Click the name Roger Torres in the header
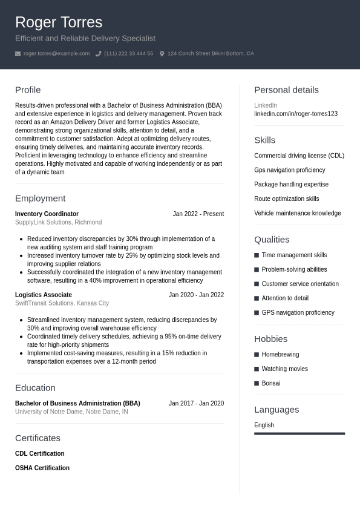tap(59, 22)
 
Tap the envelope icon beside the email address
tap(18, 54)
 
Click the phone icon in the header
tap(98, 54)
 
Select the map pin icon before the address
tap(162, 54)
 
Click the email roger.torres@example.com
tap(56, 54)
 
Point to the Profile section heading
tap(28, 90)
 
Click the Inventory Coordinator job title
tap(47, 214)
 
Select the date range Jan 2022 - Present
tap(198, 214)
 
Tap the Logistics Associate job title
tap(44, 295)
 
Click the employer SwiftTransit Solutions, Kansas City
tap(62, 303)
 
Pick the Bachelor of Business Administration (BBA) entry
tap(77, 404)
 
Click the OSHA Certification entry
tap(42, 468)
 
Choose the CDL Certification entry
tap(39, 454)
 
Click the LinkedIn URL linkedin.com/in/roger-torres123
tap(296, 114)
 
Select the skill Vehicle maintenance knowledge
tap(297, 214)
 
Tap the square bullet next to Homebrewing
tap(257, 355)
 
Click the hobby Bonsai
tap(270, 384)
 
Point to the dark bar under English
tap(299, 433)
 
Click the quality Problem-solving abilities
tap(294, 270)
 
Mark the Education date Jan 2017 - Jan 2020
tap(196, 404)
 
